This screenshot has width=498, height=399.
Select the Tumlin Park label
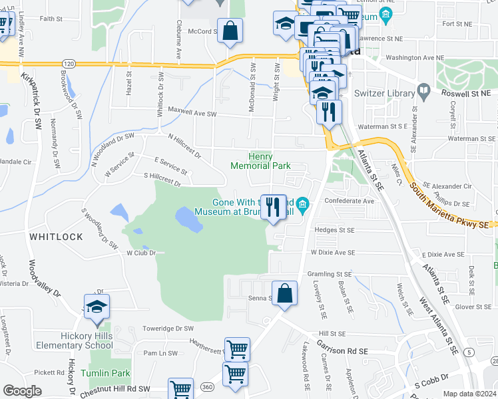(x=105, y=373)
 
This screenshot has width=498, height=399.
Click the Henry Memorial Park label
(x=261, y=161)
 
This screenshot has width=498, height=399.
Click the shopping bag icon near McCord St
(x=230, y=32)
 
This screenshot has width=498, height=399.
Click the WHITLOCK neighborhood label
(x=56, y=237)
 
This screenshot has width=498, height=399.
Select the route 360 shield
(x=208, y=386)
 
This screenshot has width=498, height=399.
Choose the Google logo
(x=22, y=391)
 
